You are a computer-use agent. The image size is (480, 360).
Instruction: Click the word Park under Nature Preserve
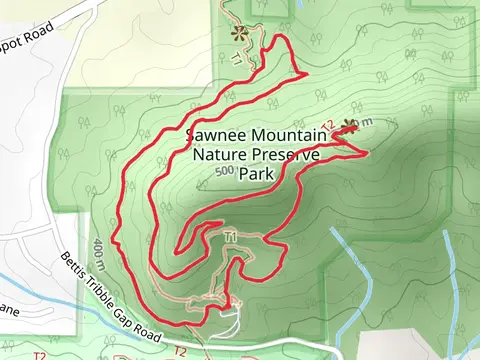(256, 173)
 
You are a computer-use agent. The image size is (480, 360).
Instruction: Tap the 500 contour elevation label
(225, 172)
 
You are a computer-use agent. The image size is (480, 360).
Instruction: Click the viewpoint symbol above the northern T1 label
(238, 32)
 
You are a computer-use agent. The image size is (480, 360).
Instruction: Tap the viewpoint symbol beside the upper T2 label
(349, 126)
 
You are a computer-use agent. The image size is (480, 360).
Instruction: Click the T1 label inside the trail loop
(230, 236)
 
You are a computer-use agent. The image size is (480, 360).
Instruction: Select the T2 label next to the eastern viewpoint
(327, 126)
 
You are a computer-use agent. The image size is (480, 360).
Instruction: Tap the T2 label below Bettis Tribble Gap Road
(180, 351)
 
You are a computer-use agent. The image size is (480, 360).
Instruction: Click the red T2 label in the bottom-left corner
(40, 355)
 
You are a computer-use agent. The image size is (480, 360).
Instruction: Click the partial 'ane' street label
(8, 311)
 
